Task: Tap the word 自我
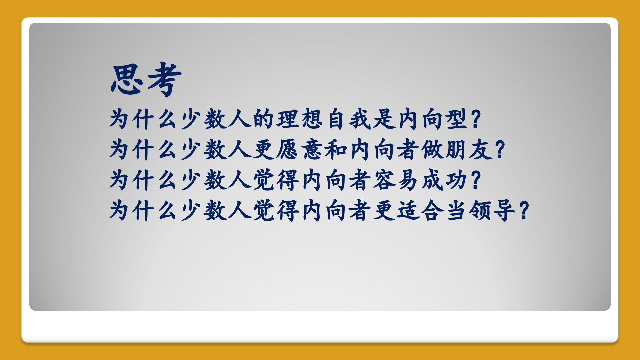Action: (x=349, y=119)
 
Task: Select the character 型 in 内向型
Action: (x=457, y=119)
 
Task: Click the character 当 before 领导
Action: (x=456, y=211)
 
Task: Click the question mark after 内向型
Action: (x=476, y=119)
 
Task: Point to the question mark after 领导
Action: (x=524, y=211)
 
